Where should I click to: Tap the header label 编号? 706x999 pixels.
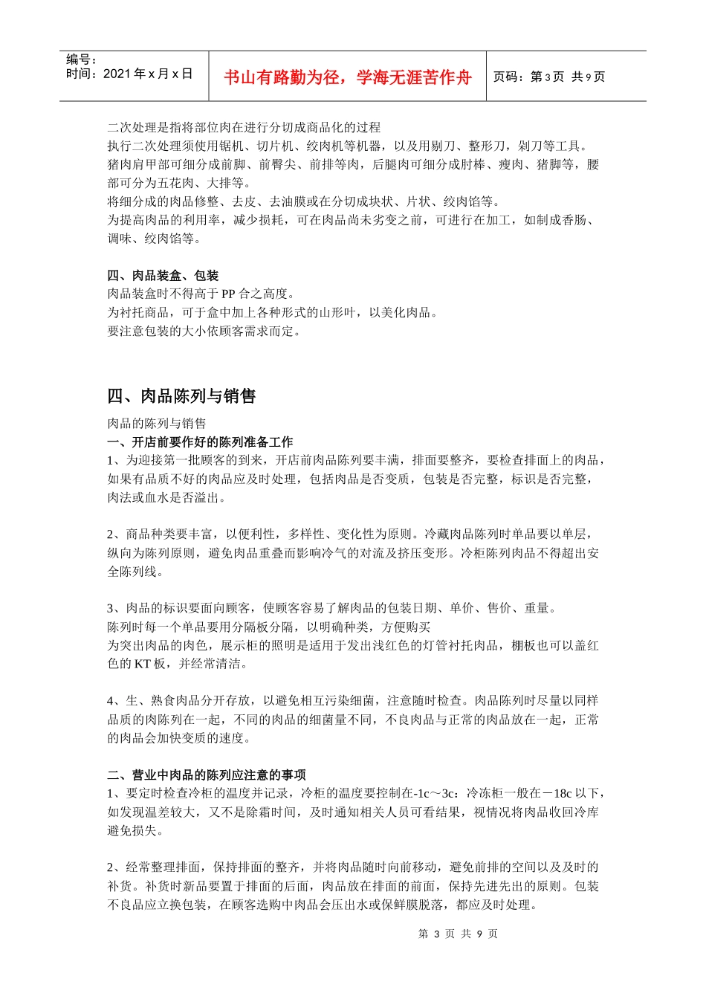point(81,59)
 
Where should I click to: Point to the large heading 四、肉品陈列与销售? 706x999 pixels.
point(181,396)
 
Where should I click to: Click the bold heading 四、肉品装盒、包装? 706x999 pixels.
point(163,276)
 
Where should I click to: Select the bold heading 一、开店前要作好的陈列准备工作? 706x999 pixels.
point(200,442)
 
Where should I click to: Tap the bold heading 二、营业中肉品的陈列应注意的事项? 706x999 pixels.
point(206,775)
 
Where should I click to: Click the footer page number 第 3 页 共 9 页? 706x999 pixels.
point(458,934)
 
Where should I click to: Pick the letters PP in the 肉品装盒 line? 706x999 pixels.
point(229,294)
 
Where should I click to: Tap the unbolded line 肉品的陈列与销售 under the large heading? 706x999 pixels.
point(157,424)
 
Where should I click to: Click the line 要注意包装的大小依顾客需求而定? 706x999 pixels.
point(204,332)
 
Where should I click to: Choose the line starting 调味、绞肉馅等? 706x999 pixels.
point(154,239)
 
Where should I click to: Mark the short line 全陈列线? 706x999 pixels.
point(135,572)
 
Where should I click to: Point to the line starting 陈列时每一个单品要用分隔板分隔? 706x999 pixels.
point(269,627)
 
